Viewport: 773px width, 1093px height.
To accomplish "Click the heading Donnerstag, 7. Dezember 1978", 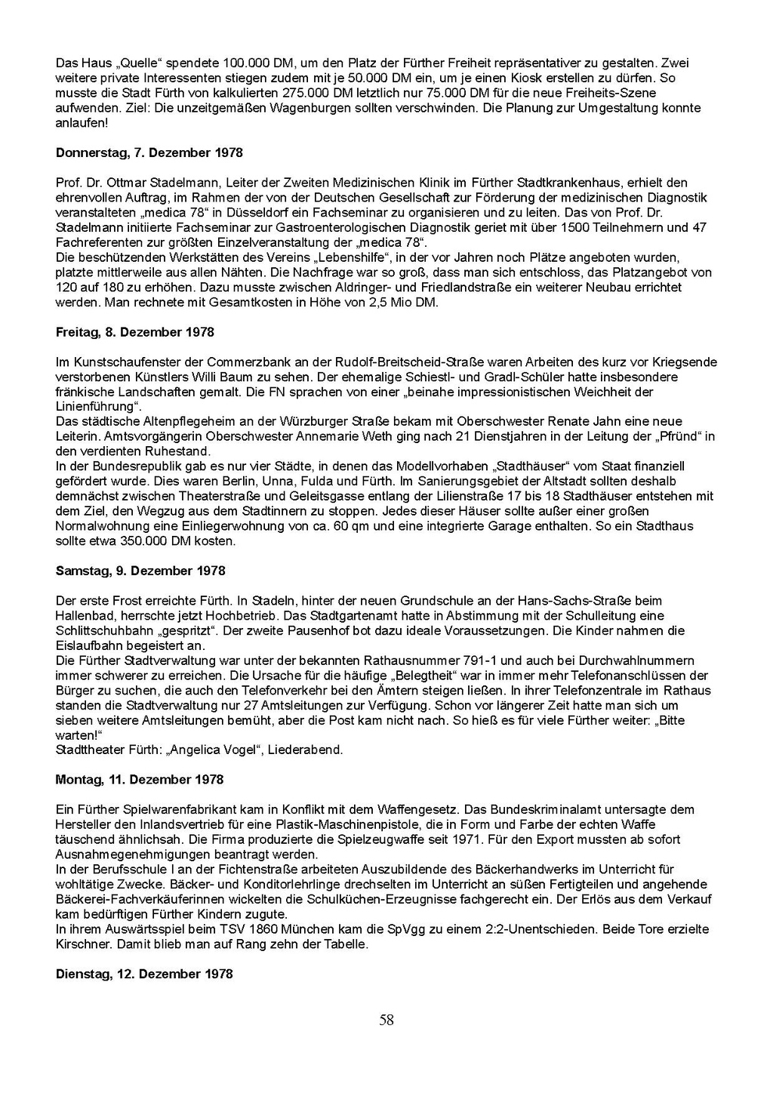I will (149, 152).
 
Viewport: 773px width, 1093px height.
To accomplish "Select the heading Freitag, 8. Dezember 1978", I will (135, 332).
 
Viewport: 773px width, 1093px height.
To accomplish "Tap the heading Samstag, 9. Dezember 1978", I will (140, 571).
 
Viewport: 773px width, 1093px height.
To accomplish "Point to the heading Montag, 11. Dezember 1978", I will (140, 779).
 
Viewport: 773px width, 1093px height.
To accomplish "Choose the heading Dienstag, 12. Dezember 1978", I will (144, 974).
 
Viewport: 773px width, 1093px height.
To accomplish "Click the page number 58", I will (386, 1021).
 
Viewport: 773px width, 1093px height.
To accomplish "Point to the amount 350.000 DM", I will (156, 541).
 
